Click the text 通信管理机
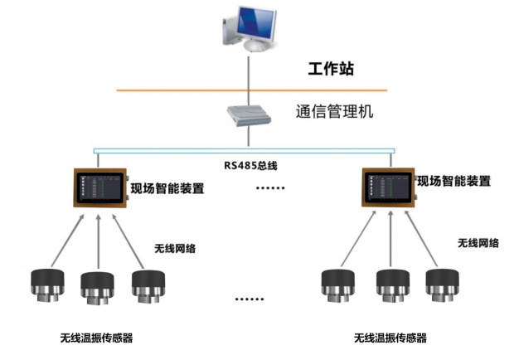point(335,110)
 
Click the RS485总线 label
point(250,165)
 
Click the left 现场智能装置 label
point(167,188)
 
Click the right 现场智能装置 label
point(454,181)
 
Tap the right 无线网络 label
point(478,243)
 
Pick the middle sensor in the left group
point(97,289)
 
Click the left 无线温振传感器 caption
point(96,338)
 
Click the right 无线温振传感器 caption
point(390,338)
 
